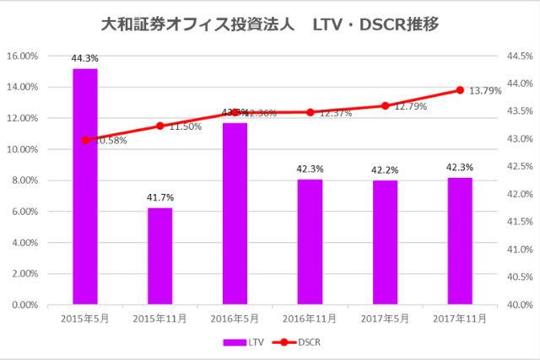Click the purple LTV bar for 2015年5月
84,186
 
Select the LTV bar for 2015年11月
159,256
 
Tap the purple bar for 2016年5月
235,213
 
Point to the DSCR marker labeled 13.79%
460,90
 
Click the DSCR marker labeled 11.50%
159,126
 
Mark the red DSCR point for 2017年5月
385,106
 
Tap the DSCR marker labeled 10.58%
84,140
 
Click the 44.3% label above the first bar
84,58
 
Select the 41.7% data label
159,197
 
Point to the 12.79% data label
410,107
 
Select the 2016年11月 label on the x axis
310,319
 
